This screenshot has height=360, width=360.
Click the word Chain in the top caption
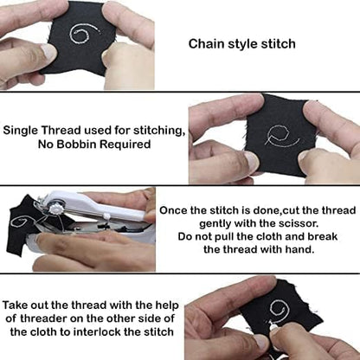pos(207,43)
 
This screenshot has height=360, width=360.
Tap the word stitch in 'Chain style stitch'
pos(276,43)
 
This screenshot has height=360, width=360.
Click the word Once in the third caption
pos(175,209)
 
